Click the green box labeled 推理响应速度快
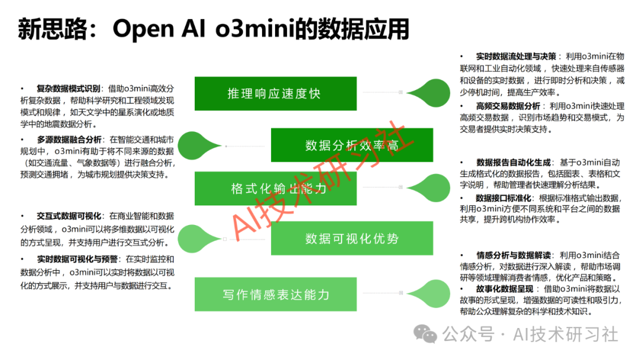point(275,93)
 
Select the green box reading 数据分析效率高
point(352,145)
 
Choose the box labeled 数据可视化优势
point(352,239)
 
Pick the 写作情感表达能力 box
point(275,294)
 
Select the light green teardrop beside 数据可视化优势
point(199,239)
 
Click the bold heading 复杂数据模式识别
point(69,88)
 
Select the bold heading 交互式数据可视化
point(69,216)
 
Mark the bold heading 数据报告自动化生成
point(514,162)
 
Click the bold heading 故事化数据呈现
point(505,288)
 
